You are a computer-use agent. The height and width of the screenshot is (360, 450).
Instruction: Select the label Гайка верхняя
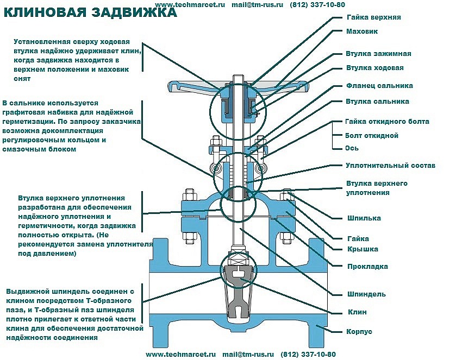pyautogui.click(x=373, y=17)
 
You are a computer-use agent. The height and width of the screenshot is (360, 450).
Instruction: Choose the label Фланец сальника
pyautogui.click(x=379, y=86)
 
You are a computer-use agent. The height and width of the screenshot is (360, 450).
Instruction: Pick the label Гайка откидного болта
pyautogui.click(x=387, y=122)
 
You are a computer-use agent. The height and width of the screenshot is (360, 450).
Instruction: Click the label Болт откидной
pyautogui.click(x=372, y=135)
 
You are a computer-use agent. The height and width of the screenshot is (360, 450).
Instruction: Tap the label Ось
pyautogui.click(x=352, y=148)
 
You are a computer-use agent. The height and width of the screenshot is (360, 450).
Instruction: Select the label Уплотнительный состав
pyautogui.click(x=390, y=165)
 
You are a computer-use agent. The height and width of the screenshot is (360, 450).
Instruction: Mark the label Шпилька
pyautogui.click(x=364, y=218)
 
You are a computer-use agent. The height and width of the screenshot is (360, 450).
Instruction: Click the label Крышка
pyautogui.click(x=362, y=249)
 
